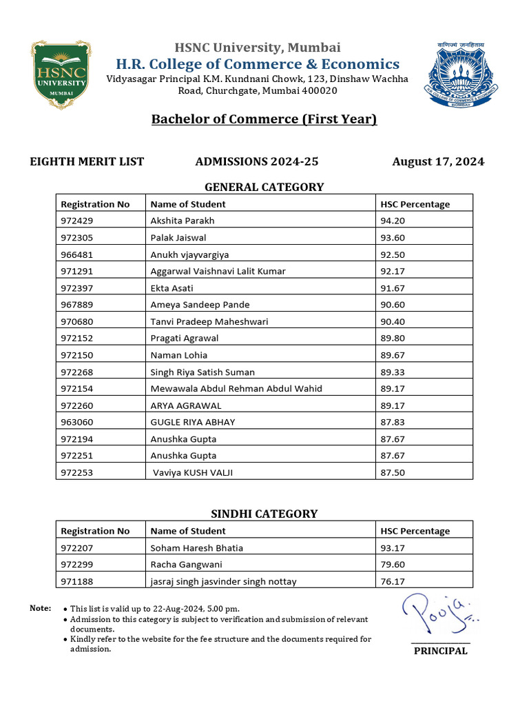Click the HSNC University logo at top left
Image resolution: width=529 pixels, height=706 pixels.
point(59,74)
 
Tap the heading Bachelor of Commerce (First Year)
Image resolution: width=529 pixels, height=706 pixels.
point(264,119)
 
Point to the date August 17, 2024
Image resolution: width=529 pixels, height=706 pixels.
point(438,162)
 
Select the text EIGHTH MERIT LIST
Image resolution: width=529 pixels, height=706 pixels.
point(87,162)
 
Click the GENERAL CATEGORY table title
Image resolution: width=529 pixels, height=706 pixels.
point(264,187)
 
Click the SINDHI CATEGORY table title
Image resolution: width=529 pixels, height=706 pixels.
point(264,514)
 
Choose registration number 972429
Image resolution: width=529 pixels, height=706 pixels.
point(76,221)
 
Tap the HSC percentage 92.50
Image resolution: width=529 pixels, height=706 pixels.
point(393,254)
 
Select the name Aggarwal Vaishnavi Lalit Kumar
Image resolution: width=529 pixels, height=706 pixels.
point(218,271)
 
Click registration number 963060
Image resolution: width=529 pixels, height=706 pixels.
point(76,422)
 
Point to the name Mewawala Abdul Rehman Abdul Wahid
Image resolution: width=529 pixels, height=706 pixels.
point(236,388)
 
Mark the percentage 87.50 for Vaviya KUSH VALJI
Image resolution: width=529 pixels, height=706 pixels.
point(393,472)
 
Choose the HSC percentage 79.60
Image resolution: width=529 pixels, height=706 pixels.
point(393,565)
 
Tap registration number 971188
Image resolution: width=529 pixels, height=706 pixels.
point(76,582)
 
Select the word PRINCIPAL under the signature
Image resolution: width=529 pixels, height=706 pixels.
point(440,651)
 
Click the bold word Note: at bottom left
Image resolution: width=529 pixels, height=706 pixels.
point(40,608)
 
